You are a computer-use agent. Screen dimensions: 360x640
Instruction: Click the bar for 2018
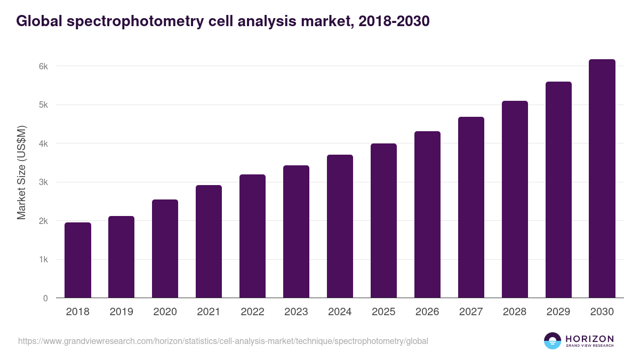coord(78,260)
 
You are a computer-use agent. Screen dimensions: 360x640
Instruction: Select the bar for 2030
coord(602,179)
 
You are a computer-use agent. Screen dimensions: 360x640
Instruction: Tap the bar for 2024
coord(340,226)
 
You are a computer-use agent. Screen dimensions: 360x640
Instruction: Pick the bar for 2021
coord(209,242)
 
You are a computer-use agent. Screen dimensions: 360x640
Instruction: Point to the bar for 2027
coord(471,207)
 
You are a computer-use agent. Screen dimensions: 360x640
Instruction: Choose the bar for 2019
coord(121,257)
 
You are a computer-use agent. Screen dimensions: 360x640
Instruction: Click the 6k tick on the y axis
coord(43,67)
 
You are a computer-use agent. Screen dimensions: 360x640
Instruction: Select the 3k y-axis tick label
coord(43,182)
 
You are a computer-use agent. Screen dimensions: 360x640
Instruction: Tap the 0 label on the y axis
coord(45,298)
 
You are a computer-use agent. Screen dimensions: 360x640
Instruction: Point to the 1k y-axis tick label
coord(43,260)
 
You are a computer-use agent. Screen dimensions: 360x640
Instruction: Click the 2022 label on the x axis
coord(252,312)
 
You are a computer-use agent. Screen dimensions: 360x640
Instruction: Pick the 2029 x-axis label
coord(558,312)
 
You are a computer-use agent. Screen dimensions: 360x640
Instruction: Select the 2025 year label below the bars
coord(383,312)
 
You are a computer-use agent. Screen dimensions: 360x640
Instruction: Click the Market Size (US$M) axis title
coord(21,173)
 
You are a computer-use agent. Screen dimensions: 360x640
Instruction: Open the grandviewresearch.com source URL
coord(223,341)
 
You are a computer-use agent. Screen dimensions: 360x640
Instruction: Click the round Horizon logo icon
coord(553,341)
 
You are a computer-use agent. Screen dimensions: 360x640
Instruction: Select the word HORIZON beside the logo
coord(589,339)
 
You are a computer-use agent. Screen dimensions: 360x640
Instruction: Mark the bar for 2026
coord(427,214)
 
